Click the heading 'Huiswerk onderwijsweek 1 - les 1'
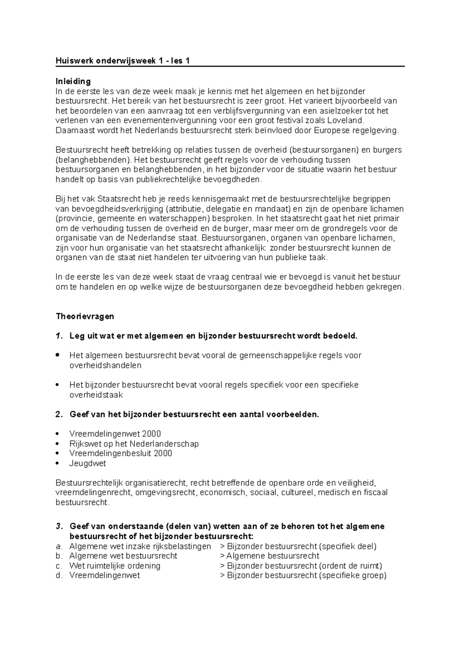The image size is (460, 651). tap(123, 61)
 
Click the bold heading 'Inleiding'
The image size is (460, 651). tap(73, 81)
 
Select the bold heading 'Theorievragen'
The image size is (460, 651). tap(85, 316)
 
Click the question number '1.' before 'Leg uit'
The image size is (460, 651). tap(59, 336)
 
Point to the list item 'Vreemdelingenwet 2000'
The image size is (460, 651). tap(115, 434)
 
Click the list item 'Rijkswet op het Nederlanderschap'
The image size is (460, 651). tap(134, 444)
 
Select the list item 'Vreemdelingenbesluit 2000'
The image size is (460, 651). tap(120, 453)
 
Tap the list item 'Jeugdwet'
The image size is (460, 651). tap(87, 463)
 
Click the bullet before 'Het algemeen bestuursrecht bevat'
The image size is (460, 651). tap(58, 355)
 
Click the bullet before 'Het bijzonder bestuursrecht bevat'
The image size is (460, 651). tap(58, 385)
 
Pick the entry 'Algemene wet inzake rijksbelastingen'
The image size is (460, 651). tap(140, 546)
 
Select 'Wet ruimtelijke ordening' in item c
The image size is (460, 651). tap(115, 566)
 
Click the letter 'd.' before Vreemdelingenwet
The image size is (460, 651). tap(59, 575)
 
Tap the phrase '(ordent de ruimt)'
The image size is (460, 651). tap(351, 566)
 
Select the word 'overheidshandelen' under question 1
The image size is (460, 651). tap(105, 365)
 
